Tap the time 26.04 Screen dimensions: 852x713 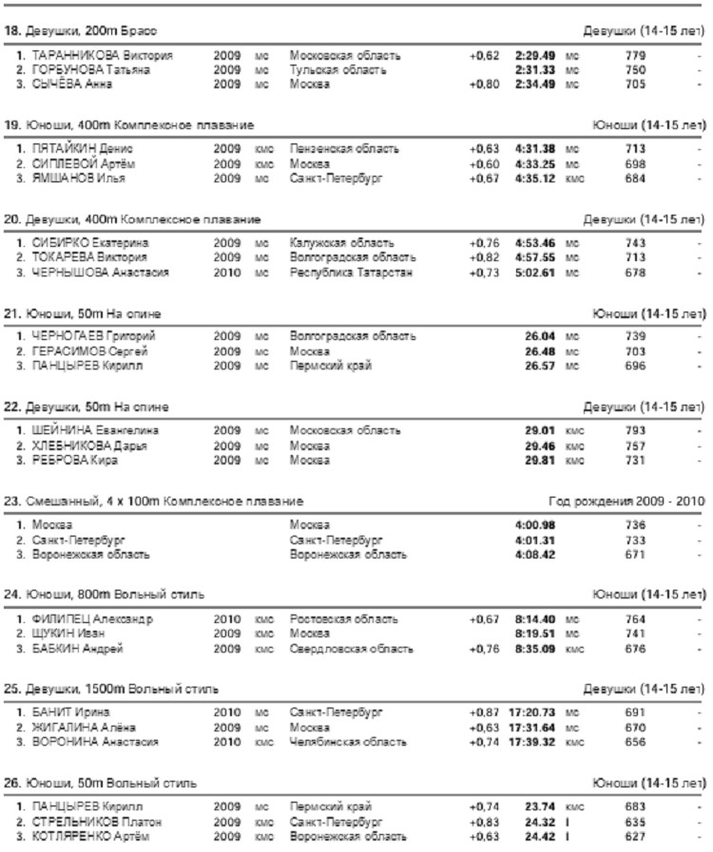pos(542,336)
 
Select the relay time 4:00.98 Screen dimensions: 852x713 pos(533,523)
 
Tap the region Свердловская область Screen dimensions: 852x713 pos(351,650)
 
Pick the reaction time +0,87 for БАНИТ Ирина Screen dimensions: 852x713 pos(484,711)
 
